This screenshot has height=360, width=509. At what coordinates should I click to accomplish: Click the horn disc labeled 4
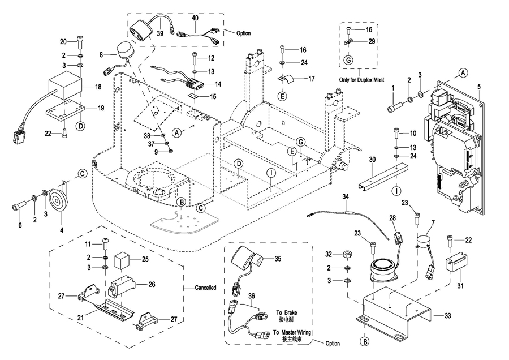pyautogui.click(x=56, y=199)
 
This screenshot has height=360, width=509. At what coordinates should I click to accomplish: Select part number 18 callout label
pyautogui.click(x=98, y=87)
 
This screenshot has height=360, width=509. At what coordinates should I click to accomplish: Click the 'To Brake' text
pyautogui.click(x=287, y=313)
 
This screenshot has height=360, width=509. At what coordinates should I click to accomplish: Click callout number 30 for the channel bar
pyautogui.click(x=372, y=160)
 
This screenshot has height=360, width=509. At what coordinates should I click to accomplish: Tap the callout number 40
pyautogui.click(x=195, y=18)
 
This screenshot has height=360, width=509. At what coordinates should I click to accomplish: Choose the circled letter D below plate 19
pyautogui.click(x=81, y=126)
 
